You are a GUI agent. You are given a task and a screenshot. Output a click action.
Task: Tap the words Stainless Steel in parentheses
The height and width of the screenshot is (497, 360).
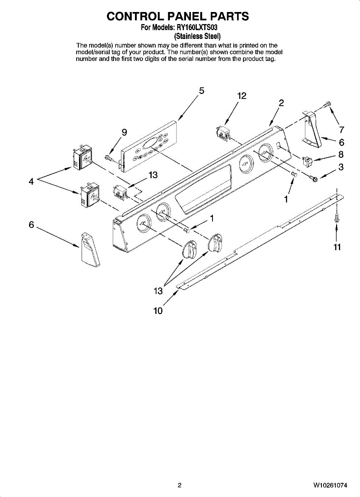point(197,36)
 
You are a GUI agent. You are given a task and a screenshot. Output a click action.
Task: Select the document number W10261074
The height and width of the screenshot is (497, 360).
point(330,485)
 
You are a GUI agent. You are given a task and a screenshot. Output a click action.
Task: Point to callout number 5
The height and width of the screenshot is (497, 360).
point(202,91)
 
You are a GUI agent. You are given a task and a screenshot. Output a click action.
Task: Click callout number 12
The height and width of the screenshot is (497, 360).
point(242,96)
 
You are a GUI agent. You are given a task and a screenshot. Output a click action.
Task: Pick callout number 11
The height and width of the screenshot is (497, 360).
point(337,247)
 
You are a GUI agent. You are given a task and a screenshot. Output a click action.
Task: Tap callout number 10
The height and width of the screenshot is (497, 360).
point(158,310)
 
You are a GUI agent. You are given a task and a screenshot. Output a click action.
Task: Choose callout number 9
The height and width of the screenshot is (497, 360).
point(124,132)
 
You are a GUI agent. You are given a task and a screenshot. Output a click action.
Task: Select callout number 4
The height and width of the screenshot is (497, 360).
point(31,181)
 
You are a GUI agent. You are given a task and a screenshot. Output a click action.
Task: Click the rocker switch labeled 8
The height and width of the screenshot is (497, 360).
point(308,160)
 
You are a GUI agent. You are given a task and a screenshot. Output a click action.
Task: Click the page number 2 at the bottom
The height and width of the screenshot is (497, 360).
point(179,485)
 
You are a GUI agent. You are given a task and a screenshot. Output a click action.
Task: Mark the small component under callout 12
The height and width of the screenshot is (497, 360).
point(223,133)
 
